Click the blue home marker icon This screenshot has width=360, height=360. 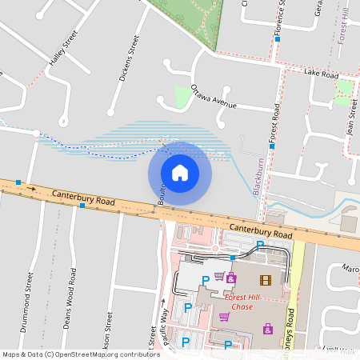click(x=180, y=172)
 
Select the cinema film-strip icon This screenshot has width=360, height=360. click(x=266, y=280)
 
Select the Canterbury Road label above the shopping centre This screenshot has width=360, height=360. click(x=260, y=230)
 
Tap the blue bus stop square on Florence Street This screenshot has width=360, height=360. click(x=277, y=38)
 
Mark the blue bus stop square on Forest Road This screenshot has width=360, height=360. click(x=272, y=147)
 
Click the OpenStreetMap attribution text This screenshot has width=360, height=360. click(x=81, y=354)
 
